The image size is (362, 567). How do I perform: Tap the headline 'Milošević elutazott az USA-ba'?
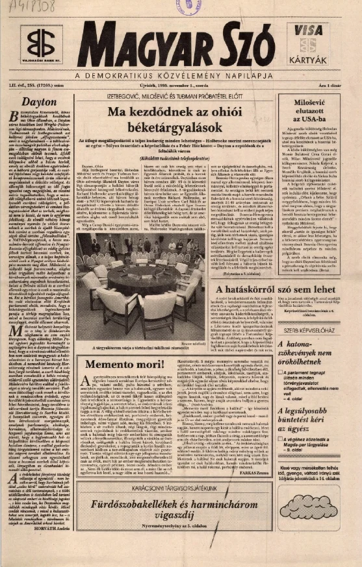[318, 110]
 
